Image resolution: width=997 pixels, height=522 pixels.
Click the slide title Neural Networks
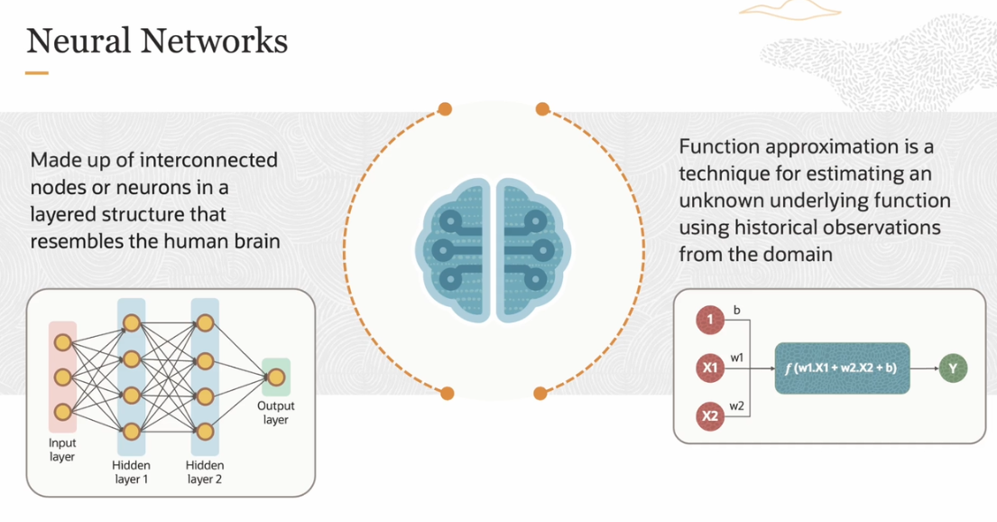coord(157,41)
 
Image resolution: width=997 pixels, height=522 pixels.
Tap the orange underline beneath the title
coord(37,73)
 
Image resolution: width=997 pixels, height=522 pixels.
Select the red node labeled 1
coord(710,320)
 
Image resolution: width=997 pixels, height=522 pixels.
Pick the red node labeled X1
coord(710,368)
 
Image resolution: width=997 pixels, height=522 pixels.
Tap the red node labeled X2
coord(710,416)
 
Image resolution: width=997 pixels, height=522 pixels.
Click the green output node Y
coord(952,368)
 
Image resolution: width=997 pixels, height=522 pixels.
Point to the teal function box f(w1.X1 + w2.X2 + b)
coord(842,368)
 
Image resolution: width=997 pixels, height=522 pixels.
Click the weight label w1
coord(737,358)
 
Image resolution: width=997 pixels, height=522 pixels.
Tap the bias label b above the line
coord(736,310)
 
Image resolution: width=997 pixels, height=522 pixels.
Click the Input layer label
coord(62,450)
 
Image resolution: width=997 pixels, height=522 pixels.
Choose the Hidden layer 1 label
coord(130,471)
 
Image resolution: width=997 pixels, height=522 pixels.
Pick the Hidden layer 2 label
coord(204,471)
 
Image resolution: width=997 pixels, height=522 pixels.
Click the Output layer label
coord(275,414)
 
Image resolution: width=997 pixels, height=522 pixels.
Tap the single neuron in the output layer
coord(276,377)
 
